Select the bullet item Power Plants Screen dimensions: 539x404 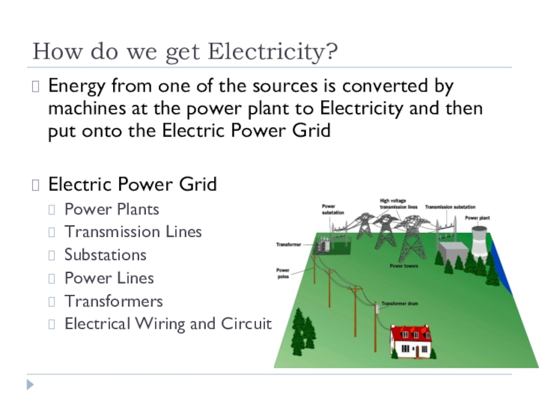point(112,209)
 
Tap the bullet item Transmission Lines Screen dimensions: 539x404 point(133,232)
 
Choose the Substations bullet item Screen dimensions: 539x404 point(105,255)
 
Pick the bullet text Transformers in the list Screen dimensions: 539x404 point(113,301)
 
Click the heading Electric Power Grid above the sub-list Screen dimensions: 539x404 point(133,184)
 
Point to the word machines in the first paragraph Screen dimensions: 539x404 point(86,108)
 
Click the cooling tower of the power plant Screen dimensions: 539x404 point(479,240)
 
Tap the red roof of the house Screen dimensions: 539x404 point(410,333)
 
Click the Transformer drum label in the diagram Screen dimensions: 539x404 point(400,304)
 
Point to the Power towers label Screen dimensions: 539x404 point(404,267)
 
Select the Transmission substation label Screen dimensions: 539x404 point(450,207)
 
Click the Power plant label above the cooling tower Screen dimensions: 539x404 point(477,218)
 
